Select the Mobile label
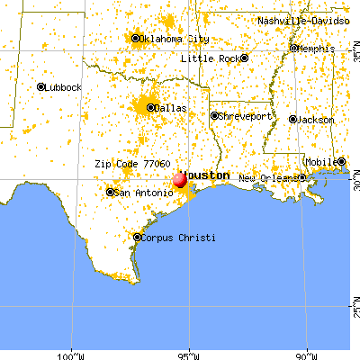coord(319,163)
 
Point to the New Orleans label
coord(269,177)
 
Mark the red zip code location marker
coord(180,179)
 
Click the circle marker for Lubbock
coord(41,86)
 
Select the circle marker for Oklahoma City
coord(136,38)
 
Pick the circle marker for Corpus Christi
coord(137,238)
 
